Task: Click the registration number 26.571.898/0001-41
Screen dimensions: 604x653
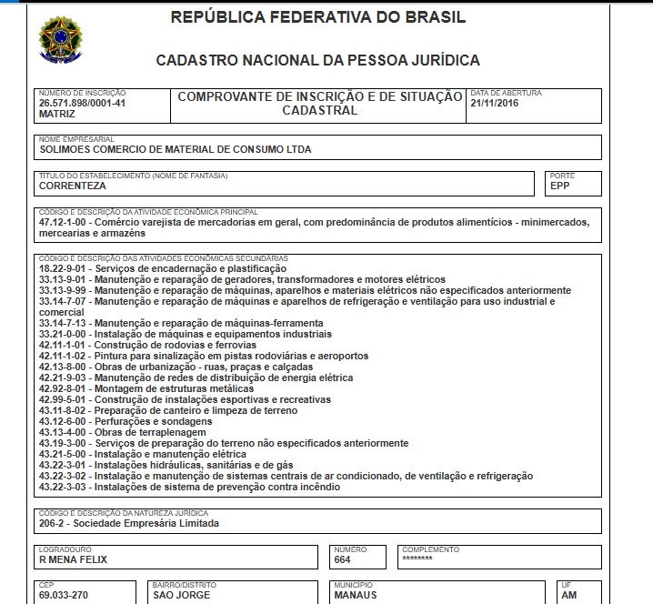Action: pyautogui.click(x=82, y=103)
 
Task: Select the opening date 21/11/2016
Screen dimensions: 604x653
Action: pyautogui.click(x=495, y=103)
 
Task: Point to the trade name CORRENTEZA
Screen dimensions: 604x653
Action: pyautogui.click(x=73, y=186)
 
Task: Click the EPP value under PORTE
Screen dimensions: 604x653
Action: pyautogui.click(x=560, y=186)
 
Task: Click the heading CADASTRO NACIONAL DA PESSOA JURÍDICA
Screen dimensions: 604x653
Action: pyautogui.click(x=318, y=61)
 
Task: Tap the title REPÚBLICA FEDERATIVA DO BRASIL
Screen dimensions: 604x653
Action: pyautogui.click(x=318, y=17)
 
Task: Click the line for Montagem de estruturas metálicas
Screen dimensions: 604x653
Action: pyautogui.click(x=146, y=388)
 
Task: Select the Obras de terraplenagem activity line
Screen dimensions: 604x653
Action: pyautogui.click(x=127, y=432)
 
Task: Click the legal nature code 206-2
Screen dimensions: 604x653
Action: pyautogui.click(x=53, y=523)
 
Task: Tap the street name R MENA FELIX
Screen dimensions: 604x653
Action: pyautogui.click(x=74, y=559)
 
